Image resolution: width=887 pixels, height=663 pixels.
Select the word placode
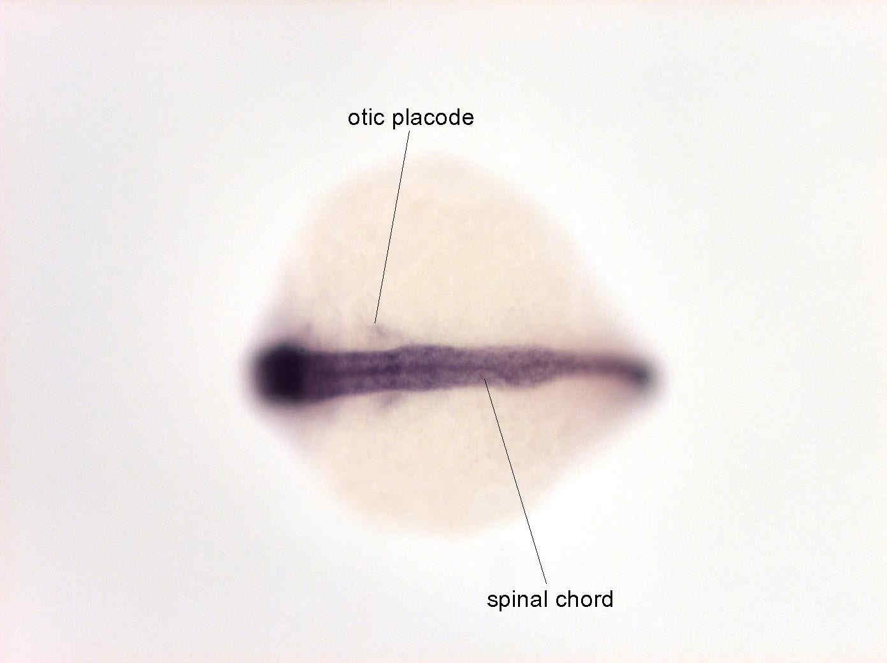(433, 119)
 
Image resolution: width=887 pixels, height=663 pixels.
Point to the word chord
(584, 599)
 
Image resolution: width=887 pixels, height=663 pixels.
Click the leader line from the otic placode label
(392, 227)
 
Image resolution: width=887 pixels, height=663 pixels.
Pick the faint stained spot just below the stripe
(386, 402)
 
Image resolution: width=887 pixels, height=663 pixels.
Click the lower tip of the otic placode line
(374, 324)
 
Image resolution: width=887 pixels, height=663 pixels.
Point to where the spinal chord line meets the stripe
(484, 379)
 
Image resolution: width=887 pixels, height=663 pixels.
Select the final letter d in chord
(607, 599)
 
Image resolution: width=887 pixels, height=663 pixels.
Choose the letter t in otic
(365, 118)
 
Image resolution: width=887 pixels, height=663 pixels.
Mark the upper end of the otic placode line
(410, 131)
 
